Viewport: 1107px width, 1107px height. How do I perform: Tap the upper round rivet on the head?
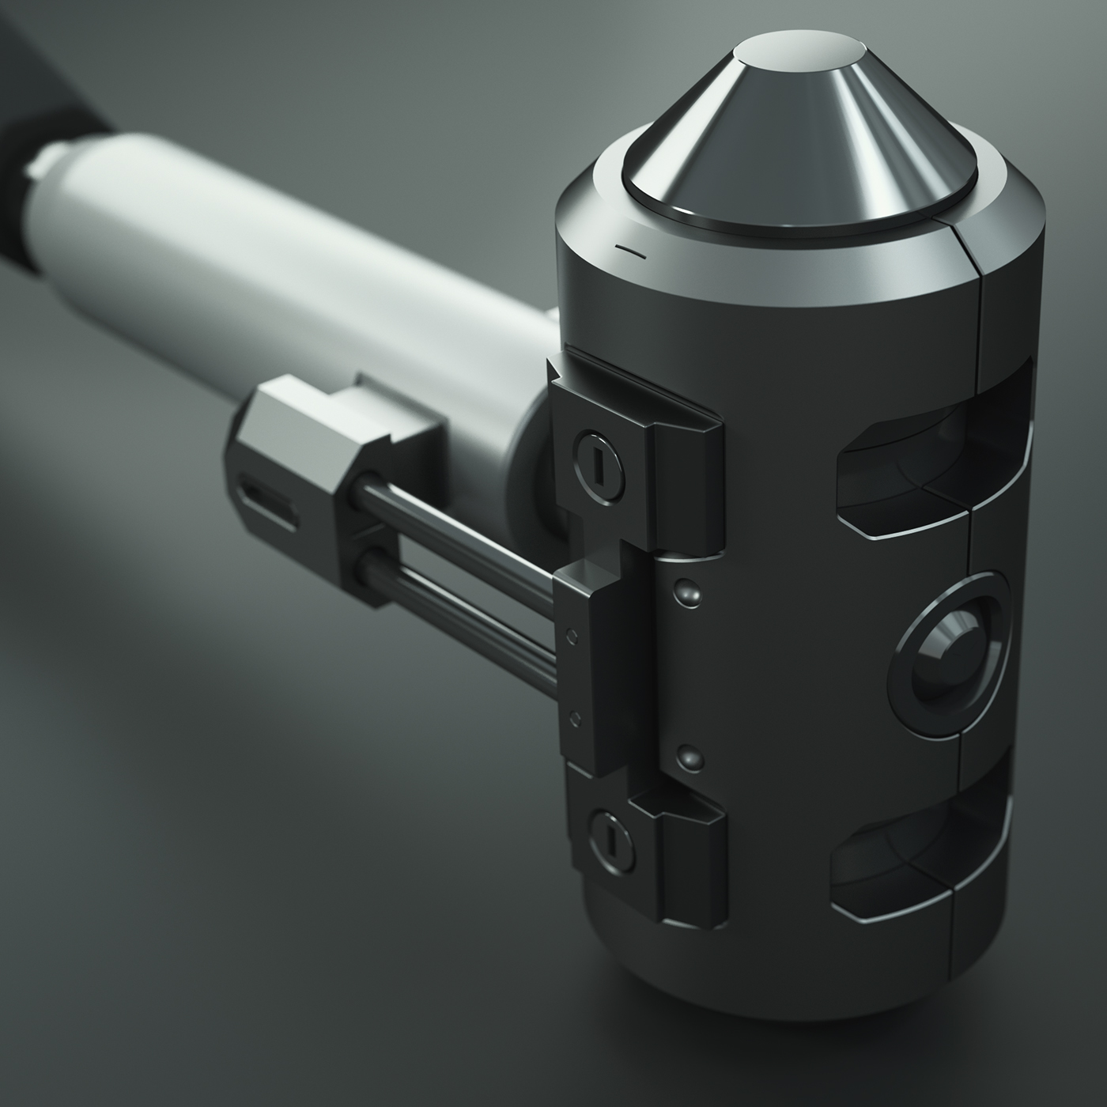685,590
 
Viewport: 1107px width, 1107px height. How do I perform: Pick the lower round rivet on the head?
691,757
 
